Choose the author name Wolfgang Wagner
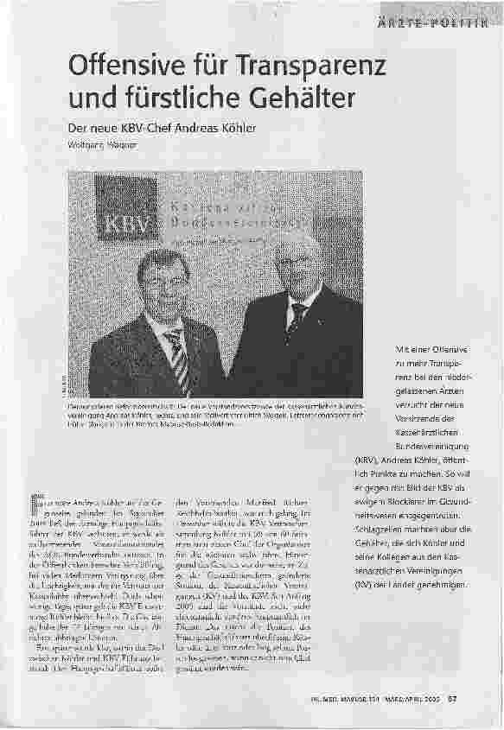click(102, 144)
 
